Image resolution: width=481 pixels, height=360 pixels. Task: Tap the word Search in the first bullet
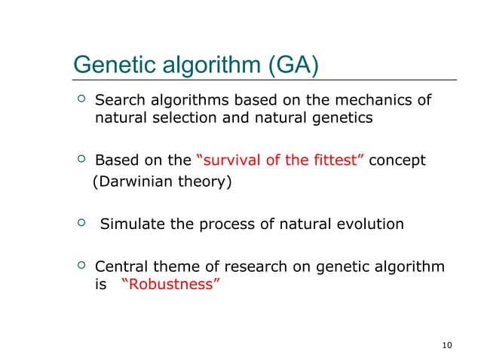point(119,101)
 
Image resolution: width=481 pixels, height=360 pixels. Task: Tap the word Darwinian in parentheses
point(132,182)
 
